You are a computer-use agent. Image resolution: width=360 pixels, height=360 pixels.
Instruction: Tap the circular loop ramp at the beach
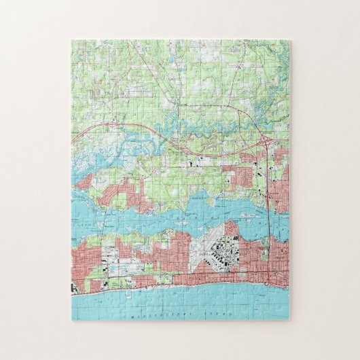tap(270, 279)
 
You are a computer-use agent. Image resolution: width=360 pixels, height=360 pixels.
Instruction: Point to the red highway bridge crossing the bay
tap(270, 217)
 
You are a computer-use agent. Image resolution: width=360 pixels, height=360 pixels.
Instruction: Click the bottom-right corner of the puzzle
tap(289, 319)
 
